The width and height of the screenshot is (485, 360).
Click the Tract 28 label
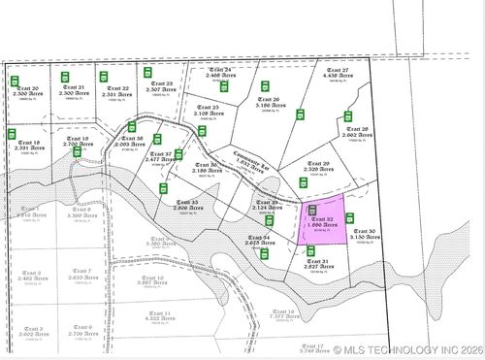[x=357, y=129]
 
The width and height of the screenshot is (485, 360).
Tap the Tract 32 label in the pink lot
[x=324, y=219]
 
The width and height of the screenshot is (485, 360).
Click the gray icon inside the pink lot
[x=312, y=209]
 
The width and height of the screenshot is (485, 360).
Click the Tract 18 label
[x=28, y=143]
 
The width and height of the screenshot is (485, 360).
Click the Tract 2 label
[x=31, y=273]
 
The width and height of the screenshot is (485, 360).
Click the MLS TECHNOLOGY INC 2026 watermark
[x=406, y=350]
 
